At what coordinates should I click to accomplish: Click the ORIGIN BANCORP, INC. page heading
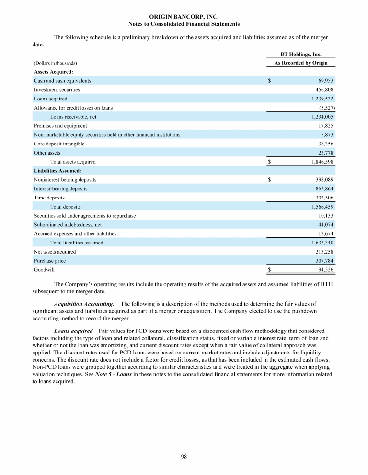pyautogui.click(x=184, y=17)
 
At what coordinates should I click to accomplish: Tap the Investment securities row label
pyautogui.click(x=57, y=89)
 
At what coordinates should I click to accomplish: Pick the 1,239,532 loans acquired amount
pyautogui.click(x=322, y=99)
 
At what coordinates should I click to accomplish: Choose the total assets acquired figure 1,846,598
pyautogui.click(x=322, y=162)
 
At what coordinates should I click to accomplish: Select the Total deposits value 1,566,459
pyautogui.click(x=322, y=207)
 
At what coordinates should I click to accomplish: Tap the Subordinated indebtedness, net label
pyautogui.click(x=68, y=224)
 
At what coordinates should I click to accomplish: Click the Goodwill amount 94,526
pyautogui.click(x=325, y=270)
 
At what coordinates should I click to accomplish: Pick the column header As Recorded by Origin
pyautogui.click(x=300, y=63)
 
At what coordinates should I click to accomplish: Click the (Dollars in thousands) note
pyautogui.click(x=56, y=63)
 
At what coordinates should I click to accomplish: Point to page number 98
pyautogui.click(x=184, y=457)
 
